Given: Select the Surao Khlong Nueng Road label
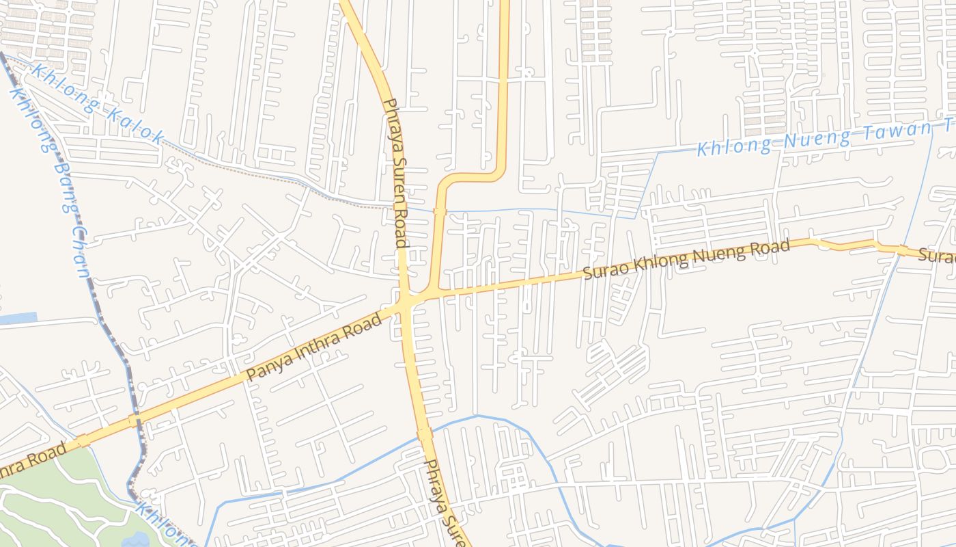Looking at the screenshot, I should pyautogui.click(x=686, y=260).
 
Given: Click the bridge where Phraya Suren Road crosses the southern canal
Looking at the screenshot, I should pyautogui.click(x=424, y=433).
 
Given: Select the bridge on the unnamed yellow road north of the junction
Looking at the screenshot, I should pyautogui.click(x=440, y=211).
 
